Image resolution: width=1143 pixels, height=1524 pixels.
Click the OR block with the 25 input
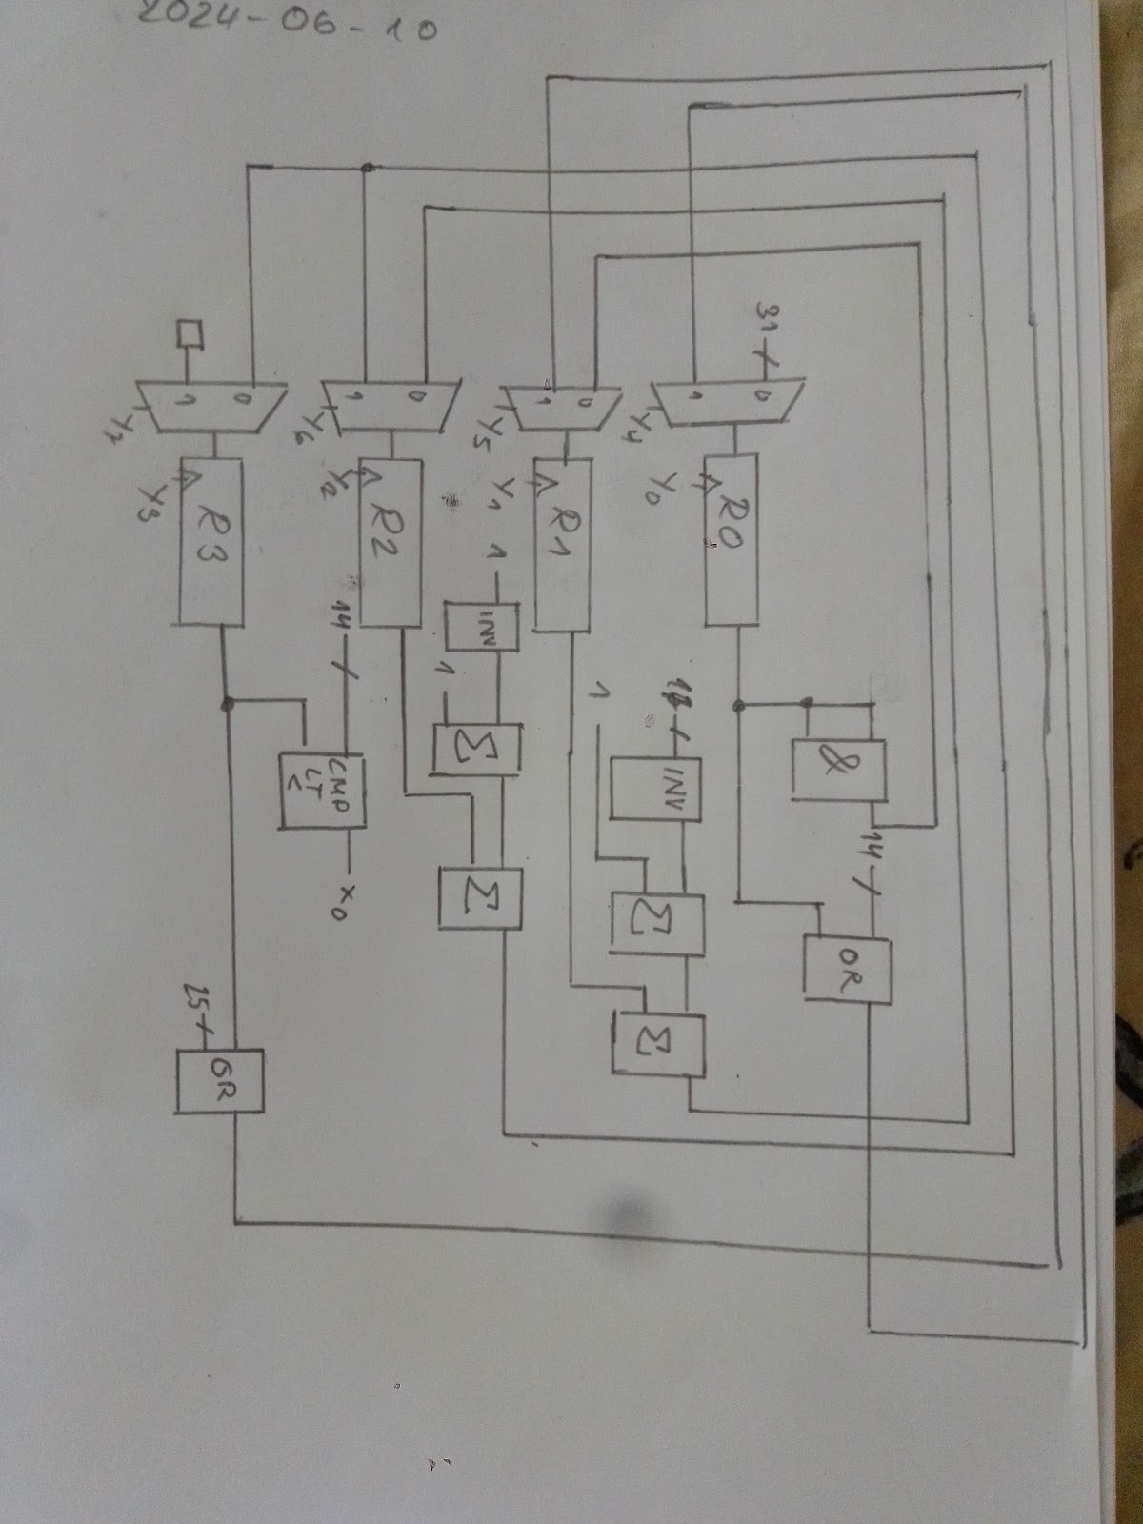[220, 1081]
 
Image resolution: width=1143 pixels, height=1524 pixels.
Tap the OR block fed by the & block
[848, 970]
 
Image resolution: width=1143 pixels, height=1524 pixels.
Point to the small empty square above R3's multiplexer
[191, 334]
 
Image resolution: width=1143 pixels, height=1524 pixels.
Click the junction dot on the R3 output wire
[228, 704]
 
